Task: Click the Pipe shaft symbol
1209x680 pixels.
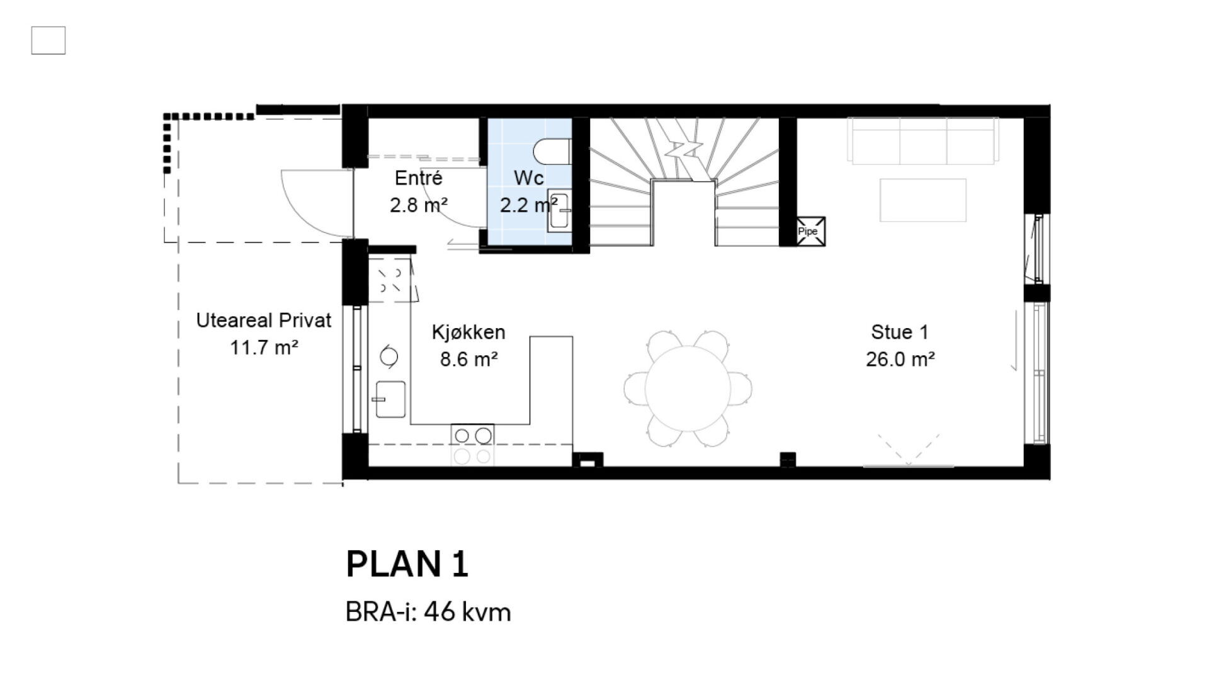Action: [810, 231]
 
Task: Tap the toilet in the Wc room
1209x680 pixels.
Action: [552, 152]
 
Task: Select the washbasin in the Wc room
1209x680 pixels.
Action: [559, 210]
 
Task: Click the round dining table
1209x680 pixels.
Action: [688, 388]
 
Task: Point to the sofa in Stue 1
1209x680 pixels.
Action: [922, 141]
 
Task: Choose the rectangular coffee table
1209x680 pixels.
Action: [922, 200]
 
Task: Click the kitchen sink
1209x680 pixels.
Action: [390, 399]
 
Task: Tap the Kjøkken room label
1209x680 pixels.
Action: [468, 332]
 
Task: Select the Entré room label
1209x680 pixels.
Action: [419, 178]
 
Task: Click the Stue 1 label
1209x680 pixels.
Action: [900, 332]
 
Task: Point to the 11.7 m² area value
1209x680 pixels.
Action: [264, 348]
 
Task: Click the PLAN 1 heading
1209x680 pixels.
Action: [407, 564]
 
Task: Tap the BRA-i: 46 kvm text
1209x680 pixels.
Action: [428, 612]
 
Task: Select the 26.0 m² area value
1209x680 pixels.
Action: [900, 359]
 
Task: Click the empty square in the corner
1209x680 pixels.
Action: [48, 40]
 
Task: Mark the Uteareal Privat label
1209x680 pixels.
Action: [264, 320]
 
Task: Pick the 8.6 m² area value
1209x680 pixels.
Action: [469, 360]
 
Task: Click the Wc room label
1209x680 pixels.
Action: [529, 178]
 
